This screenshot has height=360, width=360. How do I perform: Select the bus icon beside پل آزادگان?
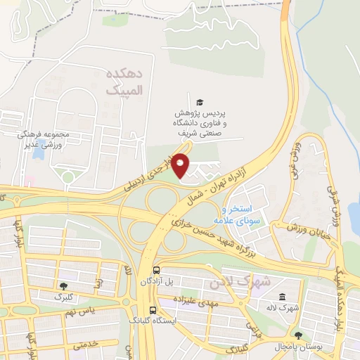(x=155, y=269)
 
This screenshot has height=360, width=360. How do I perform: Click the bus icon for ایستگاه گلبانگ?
(x=153, y=309)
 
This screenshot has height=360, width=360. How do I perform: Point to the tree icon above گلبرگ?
(x=64, y=286)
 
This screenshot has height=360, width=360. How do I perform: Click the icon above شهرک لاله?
(x=282, y=297)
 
